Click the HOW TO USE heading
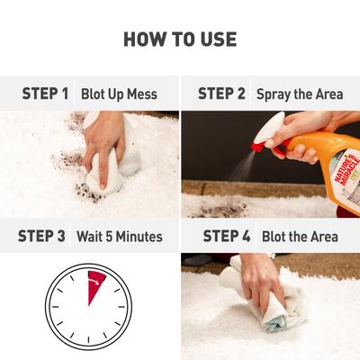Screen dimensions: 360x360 [180, 39]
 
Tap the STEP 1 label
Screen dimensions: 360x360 [45, 93]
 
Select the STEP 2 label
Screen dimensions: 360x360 [221, 93]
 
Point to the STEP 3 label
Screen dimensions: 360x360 [41, 237]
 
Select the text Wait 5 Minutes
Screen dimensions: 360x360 [120, 237]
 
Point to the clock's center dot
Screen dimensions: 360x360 [88, 307]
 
